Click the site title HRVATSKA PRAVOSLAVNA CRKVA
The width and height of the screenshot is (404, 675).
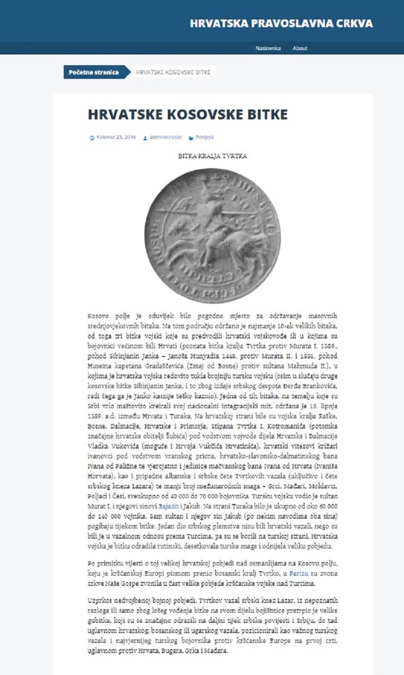281,23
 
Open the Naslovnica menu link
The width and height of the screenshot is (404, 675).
268,48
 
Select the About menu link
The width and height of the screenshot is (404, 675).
300,48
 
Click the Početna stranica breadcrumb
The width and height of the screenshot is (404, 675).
94,72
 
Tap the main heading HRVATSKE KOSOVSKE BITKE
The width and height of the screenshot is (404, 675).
188,114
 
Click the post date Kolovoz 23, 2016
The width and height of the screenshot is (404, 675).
116,137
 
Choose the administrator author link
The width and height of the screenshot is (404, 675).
165,137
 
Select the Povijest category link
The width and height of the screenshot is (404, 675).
204,137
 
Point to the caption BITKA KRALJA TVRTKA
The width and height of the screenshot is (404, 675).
213,156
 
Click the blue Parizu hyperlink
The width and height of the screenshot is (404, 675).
299,574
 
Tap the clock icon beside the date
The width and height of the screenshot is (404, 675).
92,138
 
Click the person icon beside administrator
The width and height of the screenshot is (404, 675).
145,138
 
